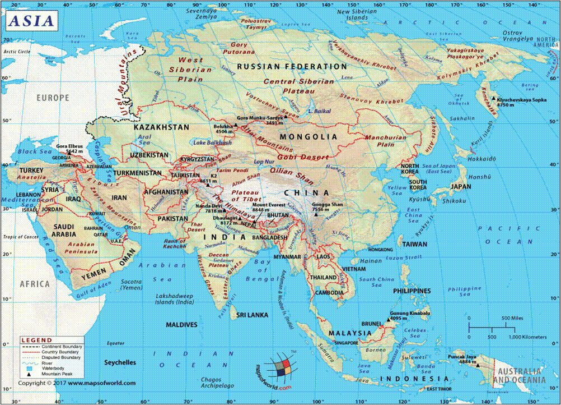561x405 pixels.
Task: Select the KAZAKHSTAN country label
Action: coord(161,127)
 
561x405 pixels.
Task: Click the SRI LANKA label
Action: coord(250,315)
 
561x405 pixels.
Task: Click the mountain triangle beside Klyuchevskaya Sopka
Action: coord(493,99)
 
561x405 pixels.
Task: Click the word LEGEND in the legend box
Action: coord(37,340)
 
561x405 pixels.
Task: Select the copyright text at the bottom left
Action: coord(76,383)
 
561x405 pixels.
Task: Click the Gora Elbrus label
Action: coord(69,146)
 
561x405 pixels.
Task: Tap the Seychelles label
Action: coord(120,362)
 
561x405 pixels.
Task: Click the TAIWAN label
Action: coord(414,244)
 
